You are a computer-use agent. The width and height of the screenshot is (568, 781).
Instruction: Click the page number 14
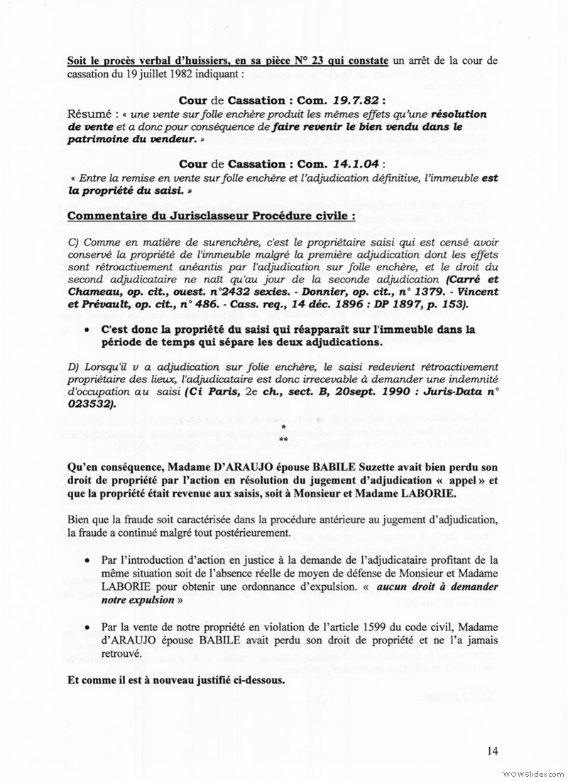click(493, 750)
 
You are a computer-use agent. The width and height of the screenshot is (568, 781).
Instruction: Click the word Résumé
click(90, 114)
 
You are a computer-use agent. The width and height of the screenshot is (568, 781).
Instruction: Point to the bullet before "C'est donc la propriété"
click(87, 330)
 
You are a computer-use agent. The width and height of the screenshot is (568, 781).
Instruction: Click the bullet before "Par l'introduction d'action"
click(87, 560)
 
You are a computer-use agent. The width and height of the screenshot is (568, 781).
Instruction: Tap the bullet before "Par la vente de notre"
click(87, 629)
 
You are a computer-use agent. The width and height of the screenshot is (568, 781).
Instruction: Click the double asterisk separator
click(284, 441)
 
